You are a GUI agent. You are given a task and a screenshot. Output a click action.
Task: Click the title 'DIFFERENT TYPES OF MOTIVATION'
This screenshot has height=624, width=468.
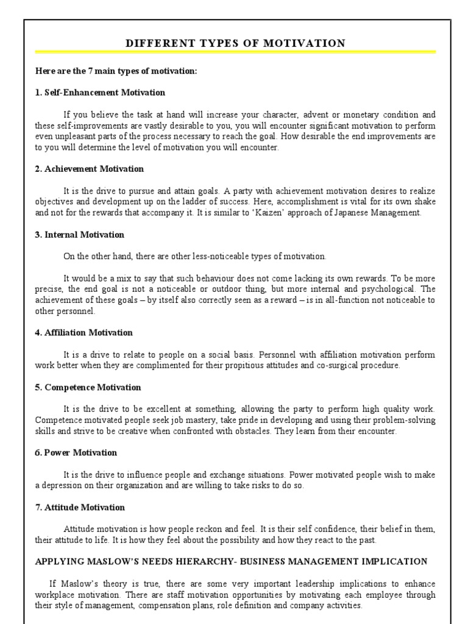coord(235,43)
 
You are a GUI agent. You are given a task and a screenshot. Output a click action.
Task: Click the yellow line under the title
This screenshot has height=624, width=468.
coord(235,52)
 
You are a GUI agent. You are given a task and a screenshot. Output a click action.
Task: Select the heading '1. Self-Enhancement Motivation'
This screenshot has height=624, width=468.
coord(100,93)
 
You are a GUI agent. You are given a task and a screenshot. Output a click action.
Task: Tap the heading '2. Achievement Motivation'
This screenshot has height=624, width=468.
coord(89,169)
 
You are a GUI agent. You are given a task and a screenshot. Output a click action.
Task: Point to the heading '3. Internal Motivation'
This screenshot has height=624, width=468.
coord(79,235)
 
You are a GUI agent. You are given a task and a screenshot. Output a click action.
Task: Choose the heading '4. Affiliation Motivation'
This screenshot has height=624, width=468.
coord(83,333)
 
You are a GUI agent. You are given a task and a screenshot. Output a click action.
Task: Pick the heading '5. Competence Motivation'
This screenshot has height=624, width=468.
coord(88,388)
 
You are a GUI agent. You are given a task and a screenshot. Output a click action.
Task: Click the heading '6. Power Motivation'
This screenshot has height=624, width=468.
coord(76,453)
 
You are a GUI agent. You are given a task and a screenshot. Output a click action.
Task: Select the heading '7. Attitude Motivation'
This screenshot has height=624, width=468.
coord(80,508)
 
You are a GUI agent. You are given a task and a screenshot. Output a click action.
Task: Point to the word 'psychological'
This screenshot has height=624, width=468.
coord(390,289)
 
